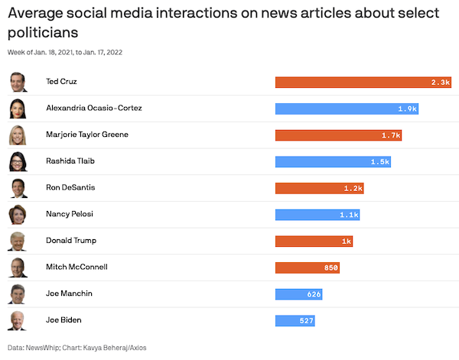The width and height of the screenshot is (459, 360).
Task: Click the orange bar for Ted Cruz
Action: [363, 82]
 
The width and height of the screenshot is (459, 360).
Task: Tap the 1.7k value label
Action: [391, 135]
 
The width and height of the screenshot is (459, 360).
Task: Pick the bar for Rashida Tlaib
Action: [334, 161]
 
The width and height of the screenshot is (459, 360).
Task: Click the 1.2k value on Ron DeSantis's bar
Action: [353, 188]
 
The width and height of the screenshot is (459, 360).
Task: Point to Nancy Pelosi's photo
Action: [18, 215]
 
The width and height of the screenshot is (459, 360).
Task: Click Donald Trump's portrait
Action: [18, 242]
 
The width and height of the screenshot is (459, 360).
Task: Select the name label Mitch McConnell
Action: [76, 268]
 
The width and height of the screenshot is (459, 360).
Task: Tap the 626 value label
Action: [314, 294]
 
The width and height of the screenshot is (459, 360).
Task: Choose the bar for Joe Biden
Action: [295, 320]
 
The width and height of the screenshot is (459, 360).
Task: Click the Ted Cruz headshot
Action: [18, 82]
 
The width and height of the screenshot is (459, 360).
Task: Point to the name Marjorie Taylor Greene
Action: [87, 135]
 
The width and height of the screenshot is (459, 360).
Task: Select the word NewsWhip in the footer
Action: [44, 348]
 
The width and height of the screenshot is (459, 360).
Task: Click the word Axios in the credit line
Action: [136, 348]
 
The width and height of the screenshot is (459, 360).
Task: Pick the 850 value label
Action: [330, 268]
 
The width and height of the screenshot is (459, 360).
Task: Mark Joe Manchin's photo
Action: [18, 294]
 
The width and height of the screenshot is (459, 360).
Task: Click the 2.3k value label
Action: [440, 82]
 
